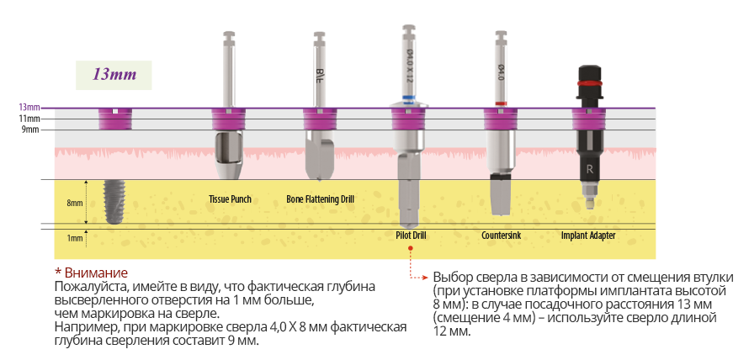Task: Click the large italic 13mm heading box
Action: tap(114, 76)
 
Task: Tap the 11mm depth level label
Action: tap(30, 119)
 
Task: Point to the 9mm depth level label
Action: tap(31, 130)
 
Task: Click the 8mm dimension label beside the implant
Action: tap(75, 203)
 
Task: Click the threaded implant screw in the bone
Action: tap(114, 203)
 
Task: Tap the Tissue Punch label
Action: tap(230, 199)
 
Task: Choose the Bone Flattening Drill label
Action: tap(320, 199)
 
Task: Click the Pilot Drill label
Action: tap(411, 236)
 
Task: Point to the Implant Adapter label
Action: tap(588, 236)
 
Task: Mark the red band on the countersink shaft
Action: tap(501, 103)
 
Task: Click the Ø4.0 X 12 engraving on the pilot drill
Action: tap(409, 66)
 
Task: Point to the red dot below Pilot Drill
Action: tap(411, 248)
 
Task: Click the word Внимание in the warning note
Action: tap(96, 273)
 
